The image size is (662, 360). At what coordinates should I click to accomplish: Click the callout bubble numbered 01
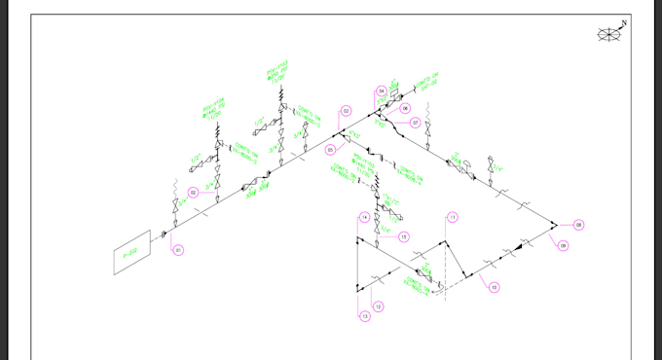[x=178, y=250]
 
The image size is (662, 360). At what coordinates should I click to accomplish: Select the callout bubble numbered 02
[x=194, y=193]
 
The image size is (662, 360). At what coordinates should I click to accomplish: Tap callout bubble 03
[x=346, y=110]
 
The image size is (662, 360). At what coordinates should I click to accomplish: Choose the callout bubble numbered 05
[x=331, y=150]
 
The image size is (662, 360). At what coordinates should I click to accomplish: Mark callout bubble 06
[x=405, y=108]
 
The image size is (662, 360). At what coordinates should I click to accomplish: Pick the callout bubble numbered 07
[x=415, y=124]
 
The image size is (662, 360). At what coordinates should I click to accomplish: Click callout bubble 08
[x=578, y=225]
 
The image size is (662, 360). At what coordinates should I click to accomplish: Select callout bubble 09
[x=563, y=245]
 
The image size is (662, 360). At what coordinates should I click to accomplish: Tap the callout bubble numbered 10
[x=494, y=287]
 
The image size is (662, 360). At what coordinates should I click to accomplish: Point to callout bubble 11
[x=453, y=216]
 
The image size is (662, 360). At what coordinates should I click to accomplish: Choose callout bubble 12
[x=378, y=306]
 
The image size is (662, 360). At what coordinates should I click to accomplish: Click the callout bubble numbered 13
[x=365, y=316]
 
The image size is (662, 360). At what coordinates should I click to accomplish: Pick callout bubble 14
[x=364, y=216]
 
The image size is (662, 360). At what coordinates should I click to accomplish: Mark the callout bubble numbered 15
[x=403, y=236]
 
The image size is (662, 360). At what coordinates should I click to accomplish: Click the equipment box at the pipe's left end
[x=131, y=253]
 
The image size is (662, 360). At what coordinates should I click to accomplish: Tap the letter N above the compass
[x=624, y=23]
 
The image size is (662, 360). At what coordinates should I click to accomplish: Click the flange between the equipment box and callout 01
[x=163, y=234]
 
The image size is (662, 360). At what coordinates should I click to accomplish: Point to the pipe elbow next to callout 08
[x=554, y=226]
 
